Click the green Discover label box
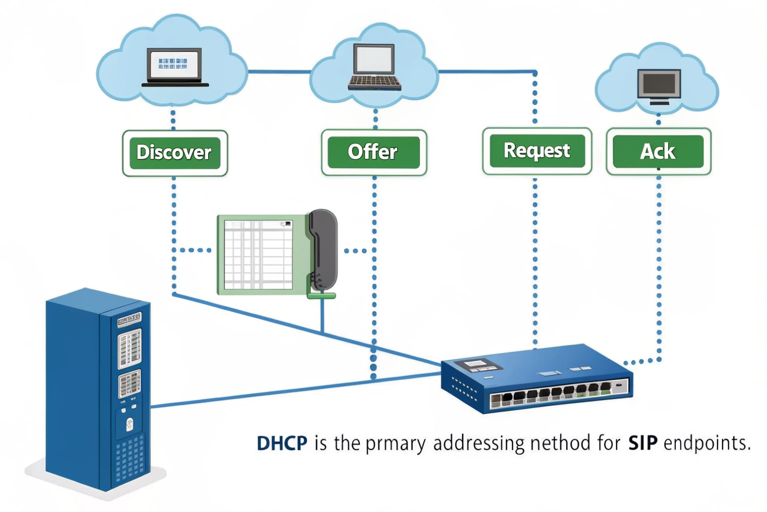(x=174, y=152)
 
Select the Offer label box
(x=374, y=152)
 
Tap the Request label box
(x=537, y=150)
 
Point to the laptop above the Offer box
(x=374, y=68)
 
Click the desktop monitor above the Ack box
(x=659, y=86)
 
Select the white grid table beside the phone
(x=258, y=254)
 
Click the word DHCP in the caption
(x=282, y=443)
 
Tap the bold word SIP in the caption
(x=642, y=443)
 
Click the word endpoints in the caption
(x=706, y=443)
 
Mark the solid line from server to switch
(x=292, y=389)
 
